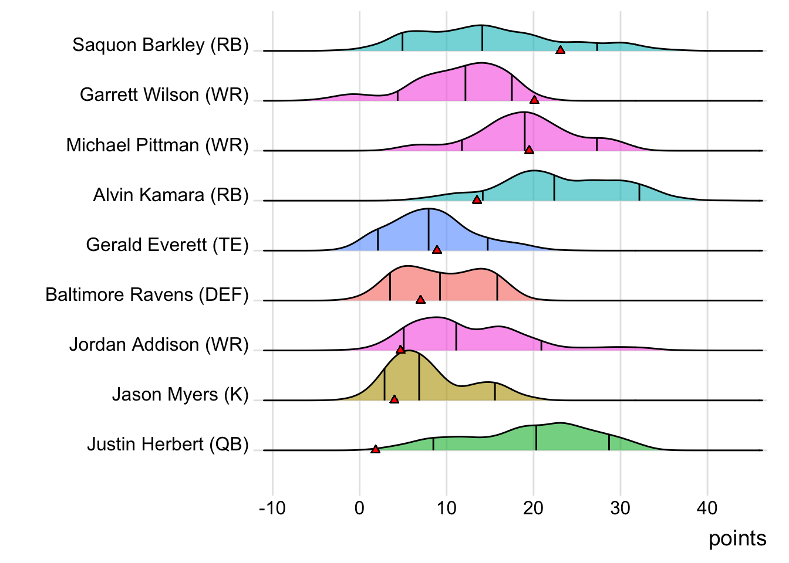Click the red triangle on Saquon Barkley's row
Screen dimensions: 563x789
(x=560, y=50)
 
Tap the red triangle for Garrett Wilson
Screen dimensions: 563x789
(x=534, y=100)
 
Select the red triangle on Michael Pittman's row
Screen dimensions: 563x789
(x=529, y=150)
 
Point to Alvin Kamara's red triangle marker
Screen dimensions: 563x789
(x=477, y=200)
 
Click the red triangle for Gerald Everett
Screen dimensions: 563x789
(x=437, y=250)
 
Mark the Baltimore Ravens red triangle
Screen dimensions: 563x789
(x=420, y=300)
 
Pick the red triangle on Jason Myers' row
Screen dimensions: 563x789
(x=394, y=399)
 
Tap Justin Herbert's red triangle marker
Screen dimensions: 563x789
(x=376, y=449)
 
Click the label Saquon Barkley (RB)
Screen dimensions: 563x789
(x=160, y=45)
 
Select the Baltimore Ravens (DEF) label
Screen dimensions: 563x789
(x=147, y=294)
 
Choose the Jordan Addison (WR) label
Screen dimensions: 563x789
(x=159, y=344)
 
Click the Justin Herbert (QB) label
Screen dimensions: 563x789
(x=168, y=445)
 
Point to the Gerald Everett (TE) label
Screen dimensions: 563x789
(x=167, y=245)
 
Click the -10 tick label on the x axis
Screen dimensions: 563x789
(x=272, y=508)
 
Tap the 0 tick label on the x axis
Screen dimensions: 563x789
(x=359, y=508)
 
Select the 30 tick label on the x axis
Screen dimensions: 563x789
(x=620, y=508)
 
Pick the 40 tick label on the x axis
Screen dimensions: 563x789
(x=707, y=508)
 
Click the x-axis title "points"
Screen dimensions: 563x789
(x=737, y=538)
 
